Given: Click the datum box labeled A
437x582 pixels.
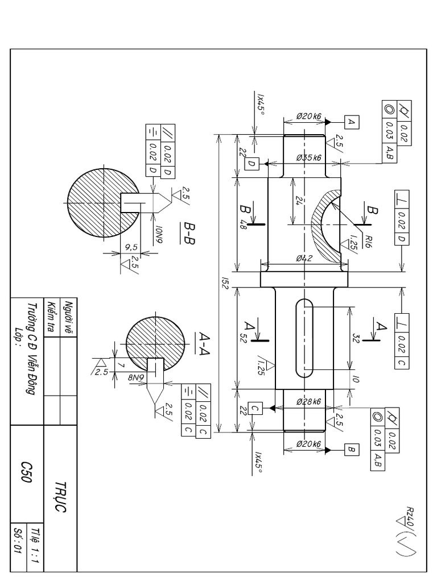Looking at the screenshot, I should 351,121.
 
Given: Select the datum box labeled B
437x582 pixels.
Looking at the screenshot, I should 351,450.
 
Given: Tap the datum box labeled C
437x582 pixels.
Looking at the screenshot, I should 254,408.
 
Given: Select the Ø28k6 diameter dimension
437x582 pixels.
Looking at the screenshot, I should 309,402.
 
